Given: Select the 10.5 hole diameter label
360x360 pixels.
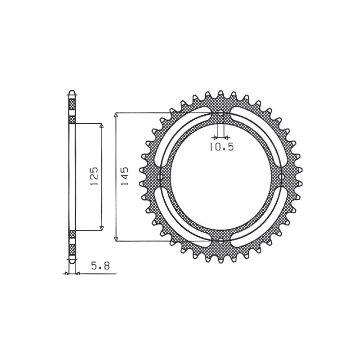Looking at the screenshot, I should coord(221,147).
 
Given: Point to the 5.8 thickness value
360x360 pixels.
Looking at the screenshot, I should coord(99,266).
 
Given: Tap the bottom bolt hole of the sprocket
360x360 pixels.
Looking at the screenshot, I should coord(221,241).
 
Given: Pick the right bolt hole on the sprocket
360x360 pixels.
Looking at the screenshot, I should coord(283,177).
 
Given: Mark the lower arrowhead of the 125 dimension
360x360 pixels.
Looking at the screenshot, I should coord(102,228).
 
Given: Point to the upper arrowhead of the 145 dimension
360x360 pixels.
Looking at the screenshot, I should coord(117,116).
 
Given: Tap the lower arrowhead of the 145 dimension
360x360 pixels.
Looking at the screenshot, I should coord(117,238).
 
